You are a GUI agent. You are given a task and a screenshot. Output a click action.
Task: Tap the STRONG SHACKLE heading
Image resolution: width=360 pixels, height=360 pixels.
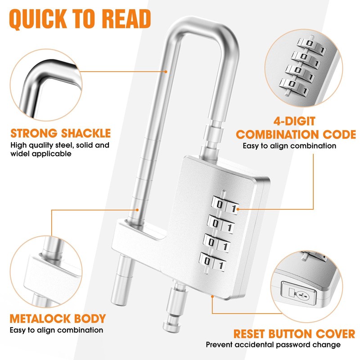[60, 133]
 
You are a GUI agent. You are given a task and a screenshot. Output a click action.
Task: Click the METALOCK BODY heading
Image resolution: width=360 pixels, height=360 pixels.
[58, 319]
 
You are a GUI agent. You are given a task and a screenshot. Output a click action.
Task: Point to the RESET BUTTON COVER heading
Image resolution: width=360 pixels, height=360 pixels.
[294, 334]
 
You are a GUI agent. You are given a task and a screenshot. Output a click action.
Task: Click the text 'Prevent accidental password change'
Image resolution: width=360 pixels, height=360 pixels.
[273, 345]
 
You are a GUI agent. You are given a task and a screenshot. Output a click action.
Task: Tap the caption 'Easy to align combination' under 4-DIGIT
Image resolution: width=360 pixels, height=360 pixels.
[289, 146]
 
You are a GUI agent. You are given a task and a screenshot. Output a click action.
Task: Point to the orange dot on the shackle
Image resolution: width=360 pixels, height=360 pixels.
[166, 71]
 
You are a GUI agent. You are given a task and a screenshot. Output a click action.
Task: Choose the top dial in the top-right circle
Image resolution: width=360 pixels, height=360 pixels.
[311, 44]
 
